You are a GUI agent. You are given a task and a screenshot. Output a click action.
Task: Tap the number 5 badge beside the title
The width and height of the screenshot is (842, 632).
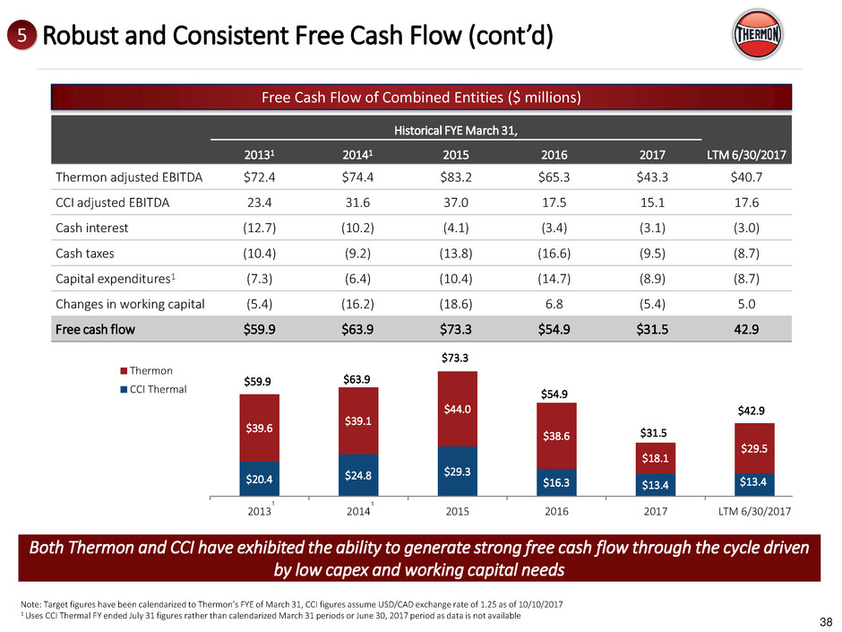coord(21,37)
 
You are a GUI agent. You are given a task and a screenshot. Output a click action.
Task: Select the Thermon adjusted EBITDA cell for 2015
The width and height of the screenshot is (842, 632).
coord(457,177)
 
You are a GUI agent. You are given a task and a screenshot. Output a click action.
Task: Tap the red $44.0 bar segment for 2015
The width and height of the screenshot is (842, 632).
coord(457,409)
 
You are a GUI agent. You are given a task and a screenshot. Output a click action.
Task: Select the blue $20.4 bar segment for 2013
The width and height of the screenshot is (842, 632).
coord(260,479)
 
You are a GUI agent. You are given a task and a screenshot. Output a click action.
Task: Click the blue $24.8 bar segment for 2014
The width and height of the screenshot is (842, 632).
coord(358,475)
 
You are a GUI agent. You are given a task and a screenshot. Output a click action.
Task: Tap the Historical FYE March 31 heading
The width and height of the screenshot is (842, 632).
coord(457,131)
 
